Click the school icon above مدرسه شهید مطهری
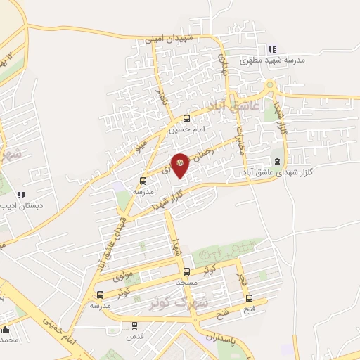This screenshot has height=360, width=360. [272, 49]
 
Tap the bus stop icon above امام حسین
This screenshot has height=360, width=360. [186, 118]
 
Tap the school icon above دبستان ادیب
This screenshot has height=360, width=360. [22, 194]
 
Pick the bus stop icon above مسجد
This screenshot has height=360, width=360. [186, 271]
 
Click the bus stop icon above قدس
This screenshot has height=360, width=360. [134, 325]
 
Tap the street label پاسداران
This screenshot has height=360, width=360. [224, 340]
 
